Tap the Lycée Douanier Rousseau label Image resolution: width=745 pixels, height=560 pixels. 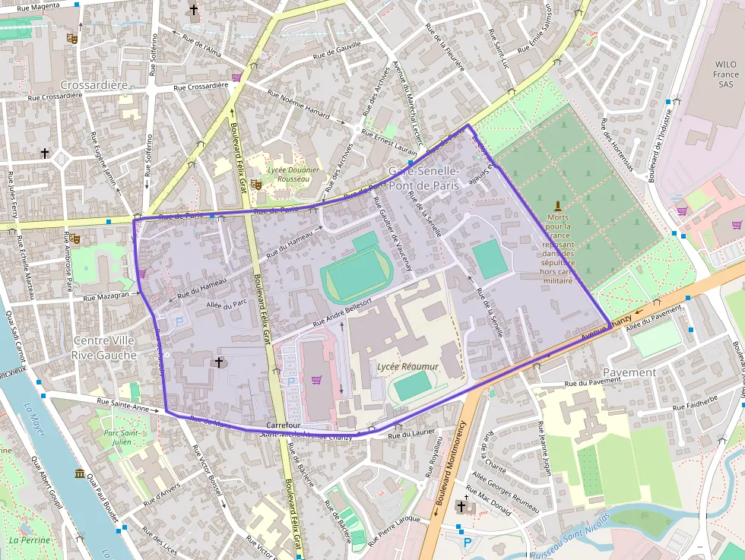pyautogui.click(x=293, y=175)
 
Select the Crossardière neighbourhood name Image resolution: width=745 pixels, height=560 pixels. pyautogui.click(x=94, y=84)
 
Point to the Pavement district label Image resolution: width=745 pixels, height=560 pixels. pyautogui.click(x=629, y=372)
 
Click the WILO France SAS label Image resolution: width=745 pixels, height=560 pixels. pyautogui.click(x=726, y=75)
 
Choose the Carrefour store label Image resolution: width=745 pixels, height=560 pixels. pyautogui.click(x=285, y=425)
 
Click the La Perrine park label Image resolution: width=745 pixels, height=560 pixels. pyautogui.click(x=30, y=540)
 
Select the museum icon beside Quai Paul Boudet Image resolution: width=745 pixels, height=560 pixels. pyautogui.click(x=80, y=474)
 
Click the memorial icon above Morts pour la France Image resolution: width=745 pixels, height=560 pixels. pyautogui.click(x=557, y=206)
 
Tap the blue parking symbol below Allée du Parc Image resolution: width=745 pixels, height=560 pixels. pyautogui.click(x=179, y=321)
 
